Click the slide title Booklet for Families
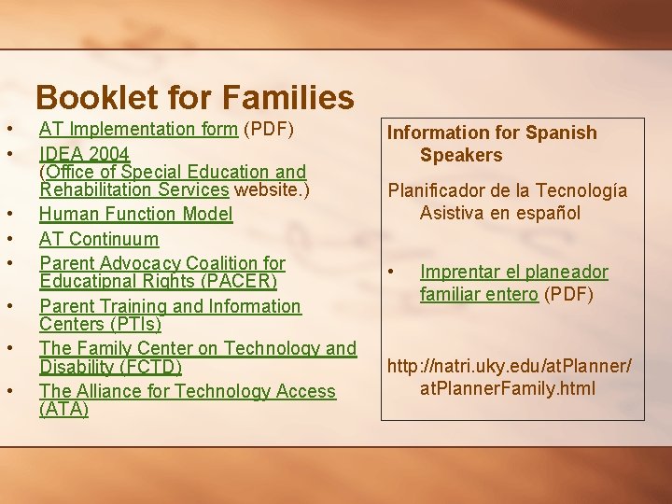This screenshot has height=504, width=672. coord(194,97)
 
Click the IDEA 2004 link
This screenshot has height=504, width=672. coord(84,153)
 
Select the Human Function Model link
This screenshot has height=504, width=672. coord(135,214)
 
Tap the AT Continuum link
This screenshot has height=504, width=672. coord(99,239)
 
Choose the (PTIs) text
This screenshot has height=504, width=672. coord(100,324)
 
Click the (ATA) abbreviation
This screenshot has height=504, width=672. coord(63,409)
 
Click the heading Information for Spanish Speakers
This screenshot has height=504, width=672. coord(492,144)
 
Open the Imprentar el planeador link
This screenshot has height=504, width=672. coord(513,273)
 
